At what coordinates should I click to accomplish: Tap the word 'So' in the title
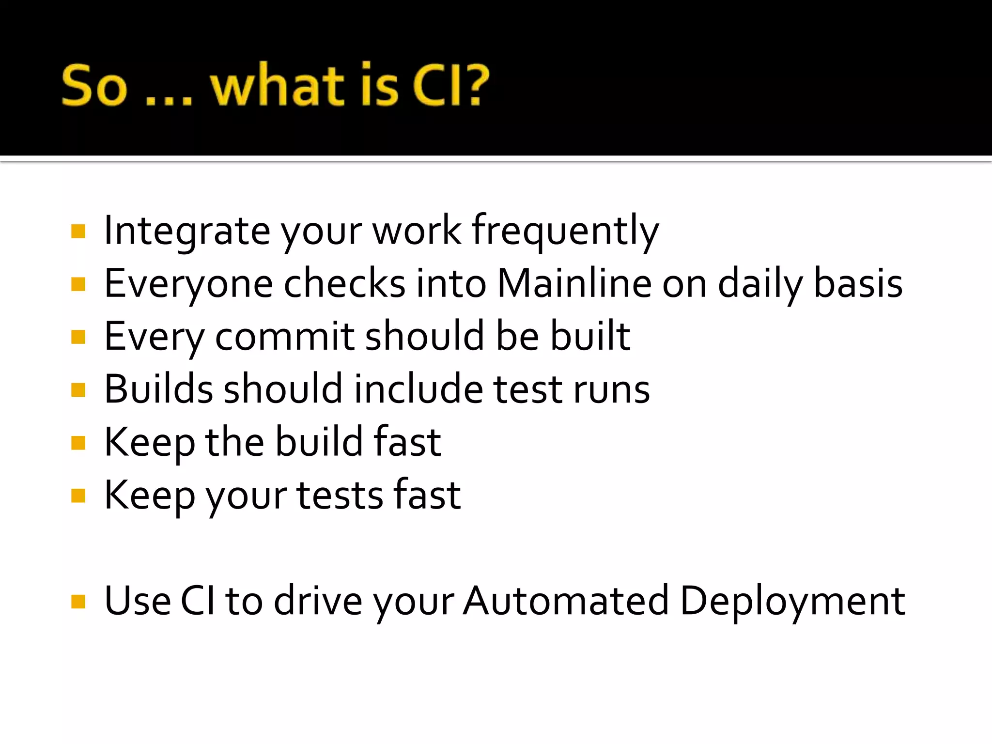(94, 86)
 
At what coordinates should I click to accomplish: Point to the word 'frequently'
(565, 232)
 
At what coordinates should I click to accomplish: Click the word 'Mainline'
(574, 283)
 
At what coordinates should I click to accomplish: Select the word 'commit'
(285, 336)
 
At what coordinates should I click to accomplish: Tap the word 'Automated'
(565, 601)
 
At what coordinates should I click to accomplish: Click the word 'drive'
(318, 601)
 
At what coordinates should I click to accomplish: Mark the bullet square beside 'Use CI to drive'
(78, 602)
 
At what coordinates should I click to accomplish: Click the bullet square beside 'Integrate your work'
(78, 231)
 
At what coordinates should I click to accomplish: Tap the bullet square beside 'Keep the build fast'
(78, 443)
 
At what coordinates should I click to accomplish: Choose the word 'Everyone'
(188, 284)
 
